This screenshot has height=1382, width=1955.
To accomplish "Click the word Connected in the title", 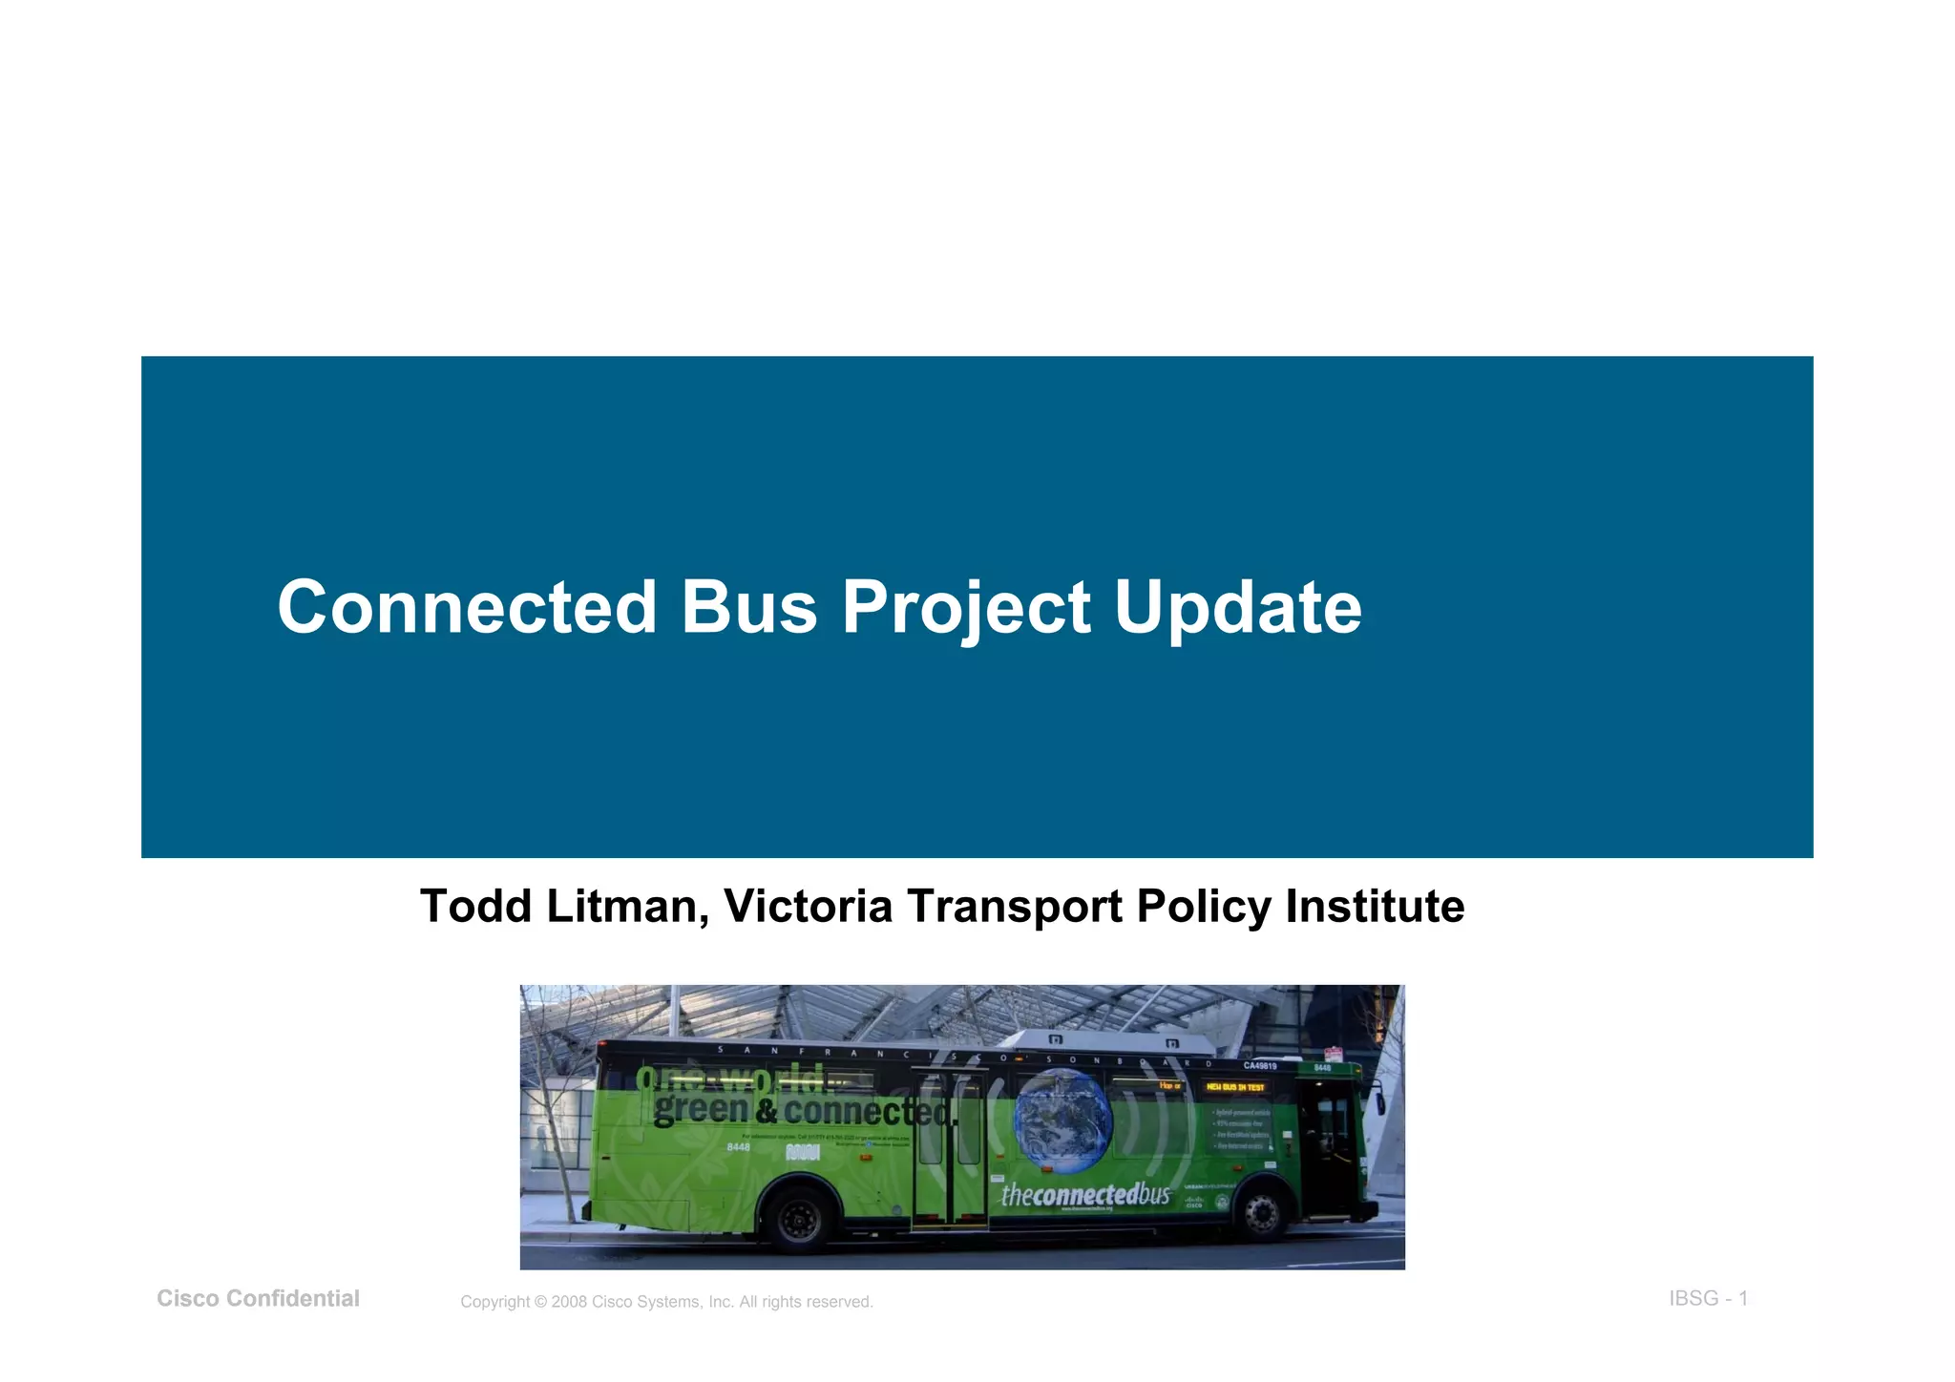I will point(467,608).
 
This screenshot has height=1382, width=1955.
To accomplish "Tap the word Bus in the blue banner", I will point(749,608).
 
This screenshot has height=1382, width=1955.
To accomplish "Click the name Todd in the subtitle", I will point(476,906).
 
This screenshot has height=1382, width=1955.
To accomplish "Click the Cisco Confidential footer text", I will point(258,1298).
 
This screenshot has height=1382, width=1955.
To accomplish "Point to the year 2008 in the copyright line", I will point(569,1302).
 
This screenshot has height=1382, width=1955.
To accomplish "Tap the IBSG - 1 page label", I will point(1708,1298).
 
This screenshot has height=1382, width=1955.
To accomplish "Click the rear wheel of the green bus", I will point(800,1219).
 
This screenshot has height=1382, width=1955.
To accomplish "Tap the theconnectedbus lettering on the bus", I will point(1085,1194).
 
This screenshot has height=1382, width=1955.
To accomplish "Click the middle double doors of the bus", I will point(950,1150).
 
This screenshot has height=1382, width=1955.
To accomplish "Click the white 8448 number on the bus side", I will point(739,1146).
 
